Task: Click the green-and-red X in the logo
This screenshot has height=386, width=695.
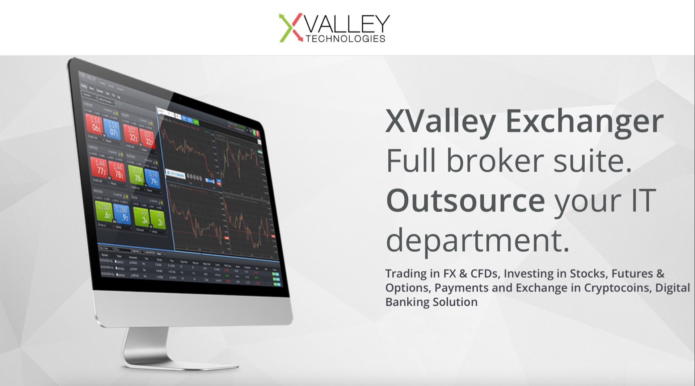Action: click(291, 28)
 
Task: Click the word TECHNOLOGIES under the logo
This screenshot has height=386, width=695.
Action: click(345, 39)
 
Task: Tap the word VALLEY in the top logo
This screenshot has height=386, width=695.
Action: click(347, 24)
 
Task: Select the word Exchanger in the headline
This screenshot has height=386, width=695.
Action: click(584, 122)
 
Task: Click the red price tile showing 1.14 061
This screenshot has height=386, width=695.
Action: click(95, 124)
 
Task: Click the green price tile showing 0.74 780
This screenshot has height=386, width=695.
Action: click(137, 175)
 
